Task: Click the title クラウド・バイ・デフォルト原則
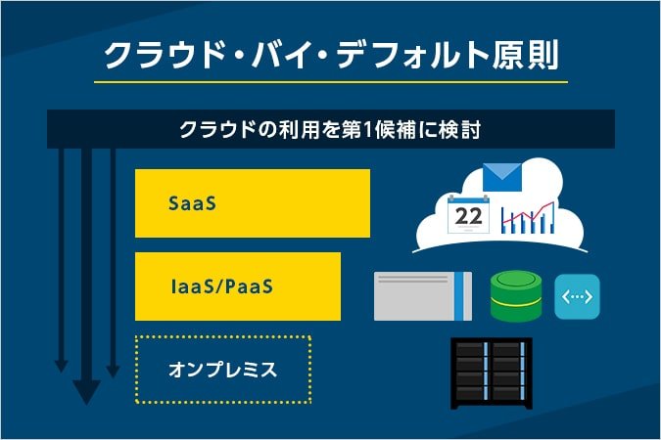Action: click(331, 55)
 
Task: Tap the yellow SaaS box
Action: click(253, 203)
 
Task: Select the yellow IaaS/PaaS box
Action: click(238, 286)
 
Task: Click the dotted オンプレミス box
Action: click(222, 370)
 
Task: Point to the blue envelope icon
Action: click(502, 177)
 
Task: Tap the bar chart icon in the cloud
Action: click(527, 217)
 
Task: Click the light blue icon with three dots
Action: click(577, 296)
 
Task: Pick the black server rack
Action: click(491, 374)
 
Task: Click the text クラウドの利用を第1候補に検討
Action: click(330, 129)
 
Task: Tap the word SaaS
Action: click(192, 204)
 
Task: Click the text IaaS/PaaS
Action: click(220, 286)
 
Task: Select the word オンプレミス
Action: click(222, 370)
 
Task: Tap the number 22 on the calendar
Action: click(468, 216)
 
